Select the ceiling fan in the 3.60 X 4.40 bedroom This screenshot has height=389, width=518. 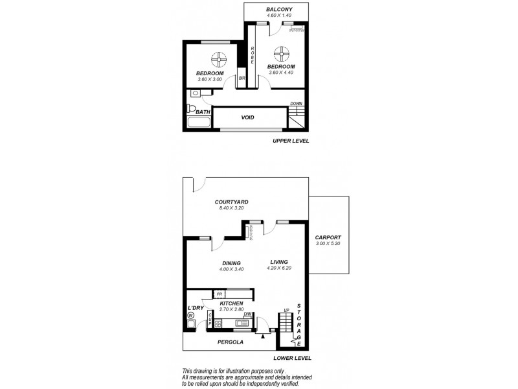coord(281,52)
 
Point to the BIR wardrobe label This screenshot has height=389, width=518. coord(242,78)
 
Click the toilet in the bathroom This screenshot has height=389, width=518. coord(191,109)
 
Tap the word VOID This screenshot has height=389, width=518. coord(247,117)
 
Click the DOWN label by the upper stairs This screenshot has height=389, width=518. coord(296,104)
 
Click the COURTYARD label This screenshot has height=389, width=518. coord(232,202)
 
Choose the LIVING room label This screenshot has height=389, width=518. coord(279,262)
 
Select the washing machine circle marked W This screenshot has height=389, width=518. coord(192,316)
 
